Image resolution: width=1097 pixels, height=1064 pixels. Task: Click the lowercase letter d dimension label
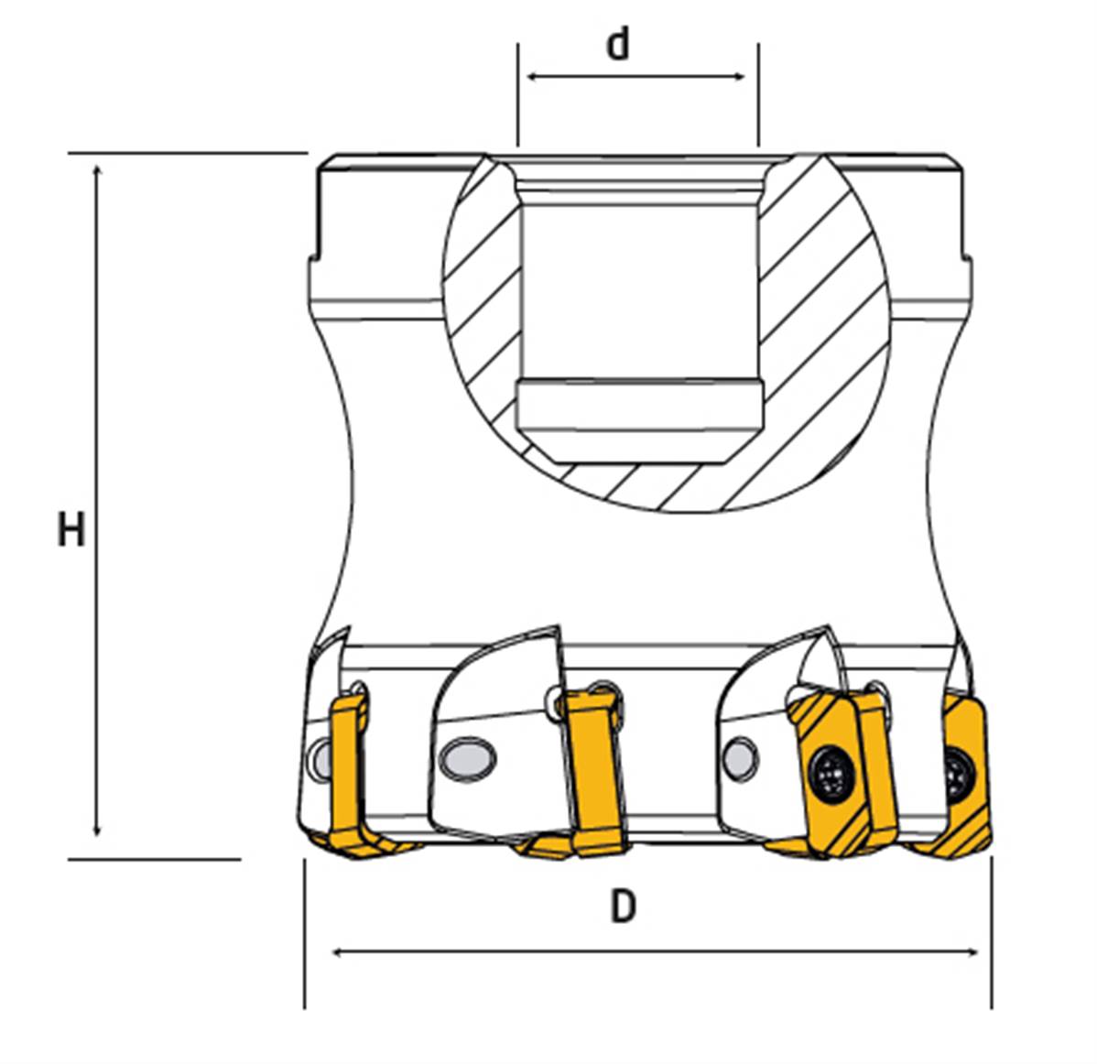pyautogui.click(x=618, y=45)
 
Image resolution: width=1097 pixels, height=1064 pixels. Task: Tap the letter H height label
pyautogui.click(x=71, y=529)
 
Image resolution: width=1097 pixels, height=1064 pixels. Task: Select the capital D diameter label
pyautogui.click(x=624, y=907)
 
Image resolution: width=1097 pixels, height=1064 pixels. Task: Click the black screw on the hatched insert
pyautogui.click(x=831, y=772)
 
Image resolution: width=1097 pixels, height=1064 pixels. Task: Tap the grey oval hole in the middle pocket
pyautogui.click(x=467, y=757)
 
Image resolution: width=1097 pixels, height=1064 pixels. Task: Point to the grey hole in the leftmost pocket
pyautogui.click(x=322, y=758)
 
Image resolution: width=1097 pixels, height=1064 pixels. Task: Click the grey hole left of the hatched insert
pyautogui.click(x=740, y=757)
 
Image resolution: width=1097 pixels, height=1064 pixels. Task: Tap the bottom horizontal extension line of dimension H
pyautogui.click(x=155, y=859)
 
